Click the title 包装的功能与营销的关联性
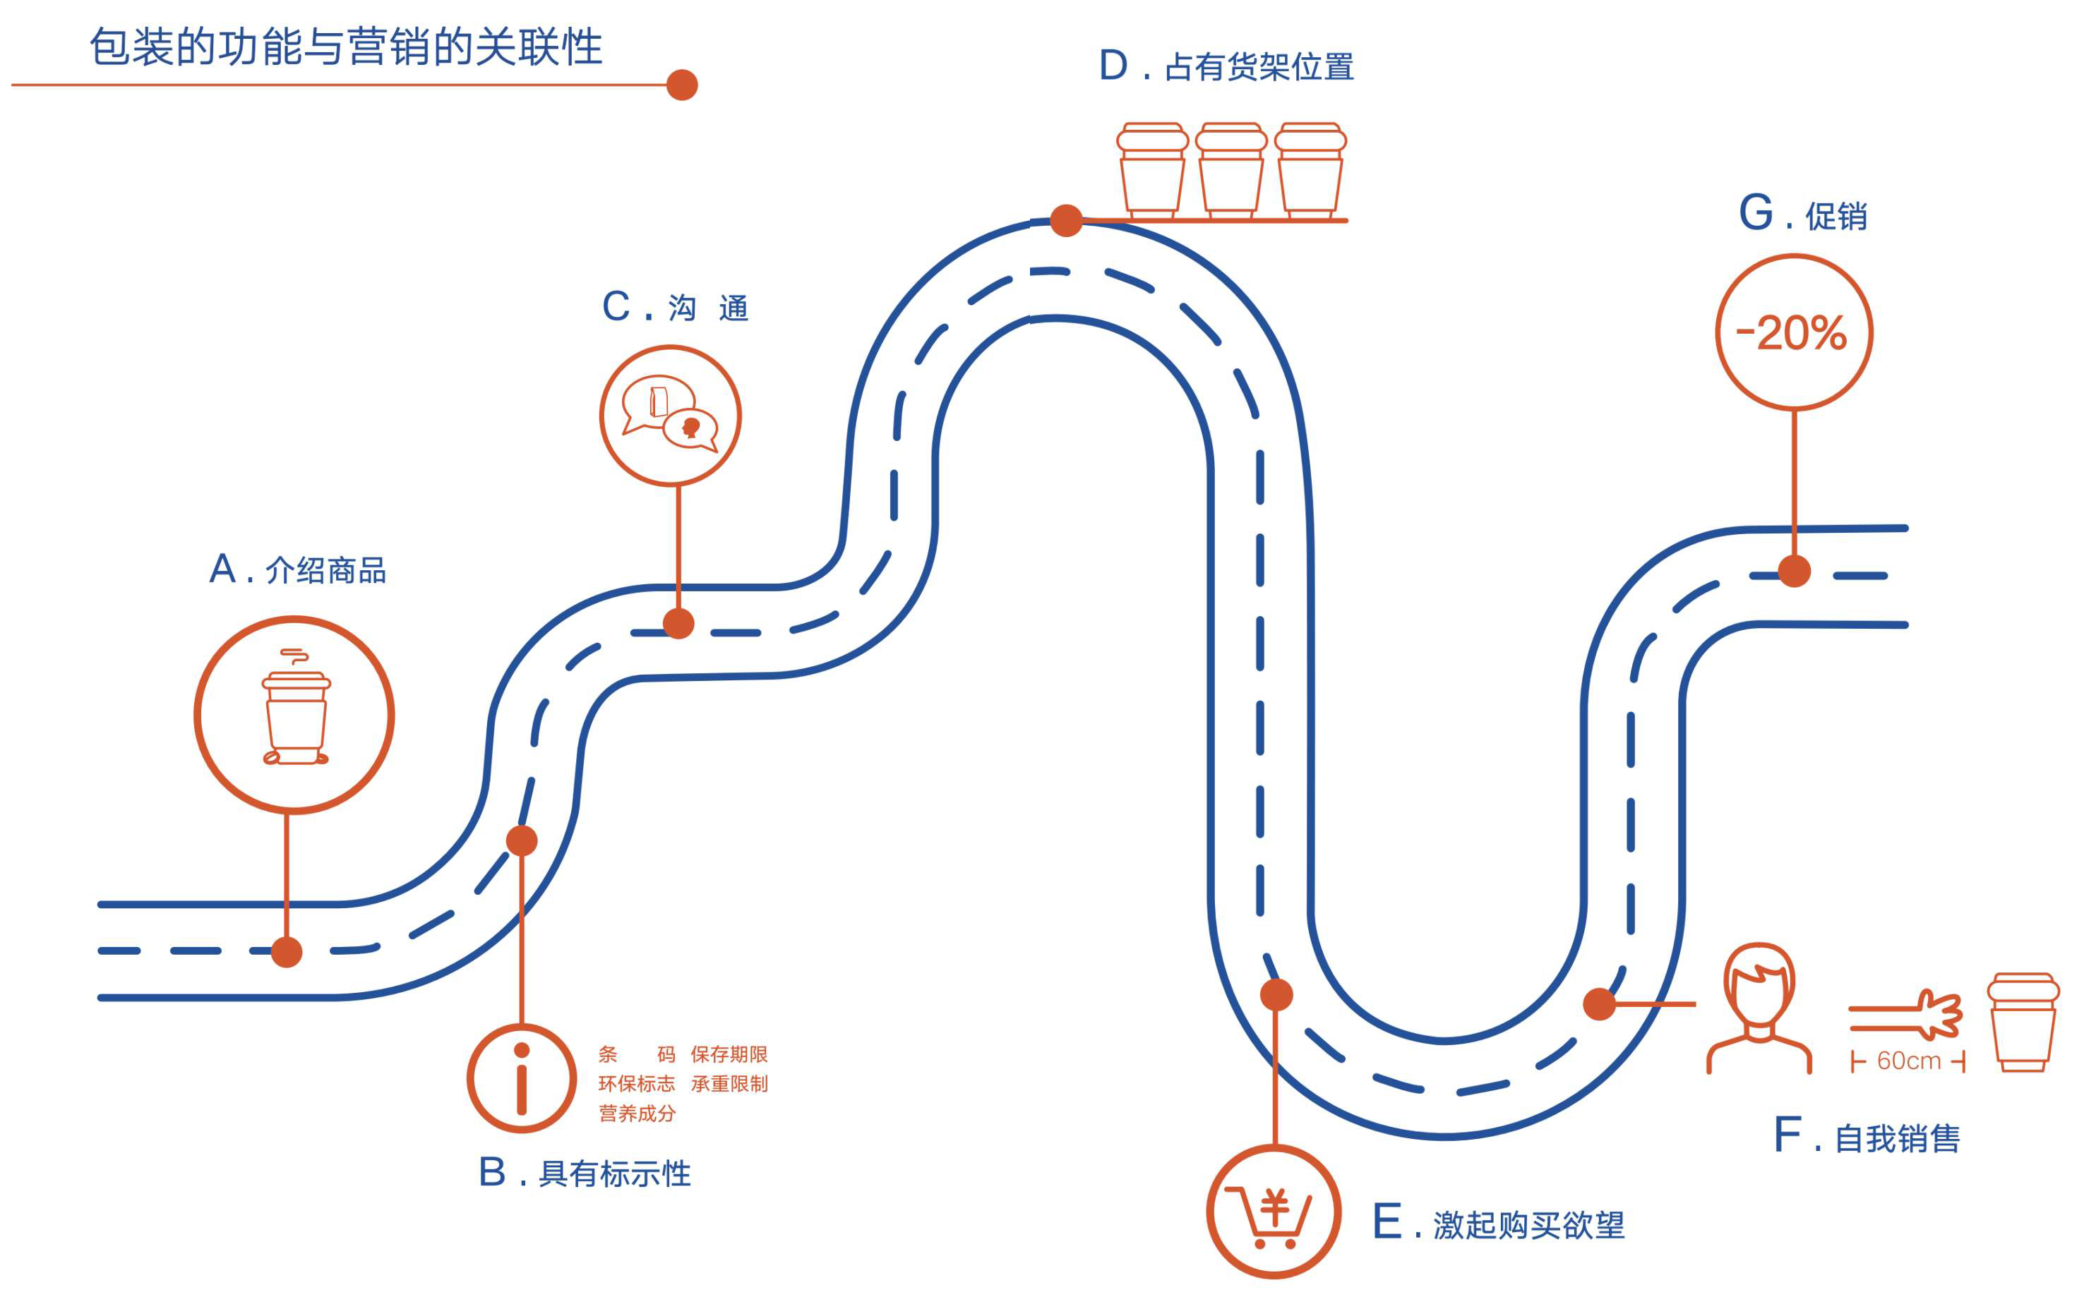point(346,47)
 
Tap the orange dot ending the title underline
point(681,85)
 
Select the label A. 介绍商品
point(298,569)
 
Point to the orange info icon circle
point(522,1078)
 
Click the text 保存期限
point(729,1054)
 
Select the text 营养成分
point(637,1114)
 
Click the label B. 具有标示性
point(585,1173)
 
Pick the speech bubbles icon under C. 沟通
point(670,415)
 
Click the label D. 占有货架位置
point(1226,66)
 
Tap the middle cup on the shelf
point(1231,170)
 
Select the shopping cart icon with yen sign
point(1274,1212)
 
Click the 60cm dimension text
point(1908,1061)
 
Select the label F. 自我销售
point(1867,1138)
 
